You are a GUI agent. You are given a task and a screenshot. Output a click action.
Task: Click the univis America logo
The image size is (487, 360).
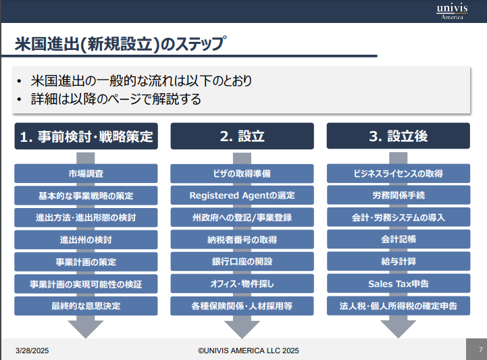(x=452, y=11)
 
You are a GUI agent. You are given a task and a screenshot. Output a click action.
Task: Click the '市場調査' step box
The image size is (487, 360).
(x=86, y=174)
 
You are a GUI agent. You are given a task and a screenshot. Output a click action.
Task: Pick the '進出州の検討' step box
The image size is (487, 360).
(x=86, y=240)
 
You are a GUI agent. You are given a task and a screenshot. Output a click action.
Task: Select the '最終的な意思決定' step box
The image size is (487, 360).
(x=86, y=306)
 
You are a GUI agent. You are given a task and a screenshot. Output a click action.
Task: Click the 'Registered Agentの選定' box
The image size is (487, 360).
(x=242, y=196)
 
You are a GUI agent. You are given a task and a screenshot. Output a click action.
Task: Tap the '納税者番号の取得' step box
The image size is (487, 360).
(x=242, y=240)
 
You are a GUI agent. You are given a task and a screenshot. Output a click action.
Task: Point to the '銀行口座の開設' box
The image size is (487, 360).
(x=242, y=261)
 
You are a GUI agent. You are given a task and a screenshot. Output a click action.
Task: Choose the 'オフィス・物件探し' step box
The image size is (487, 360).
(x=242, y=284)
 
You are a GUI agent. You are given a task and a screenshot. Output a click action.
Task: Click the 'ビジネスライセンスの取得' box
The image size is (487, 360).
(x=398, y=174)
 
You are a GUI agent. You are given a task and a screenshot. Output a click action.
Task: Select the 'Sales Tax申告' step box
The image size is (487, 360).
(x=398, y=284)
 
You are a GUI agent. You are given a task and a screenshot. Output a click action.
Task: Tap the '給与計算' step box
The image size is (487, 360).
(x=398, y=261)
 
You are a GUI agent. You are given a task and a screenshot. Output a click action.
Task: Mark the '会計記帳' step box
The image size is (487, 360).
(x=398, y=240)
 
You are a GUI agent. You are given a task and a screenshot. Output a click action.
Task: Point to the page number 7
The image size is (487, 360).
(x=479, y=350)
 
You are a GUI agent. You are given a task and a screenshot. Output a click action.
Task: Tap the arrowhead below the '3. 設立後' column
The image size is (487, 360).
(x=398, y=328)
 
